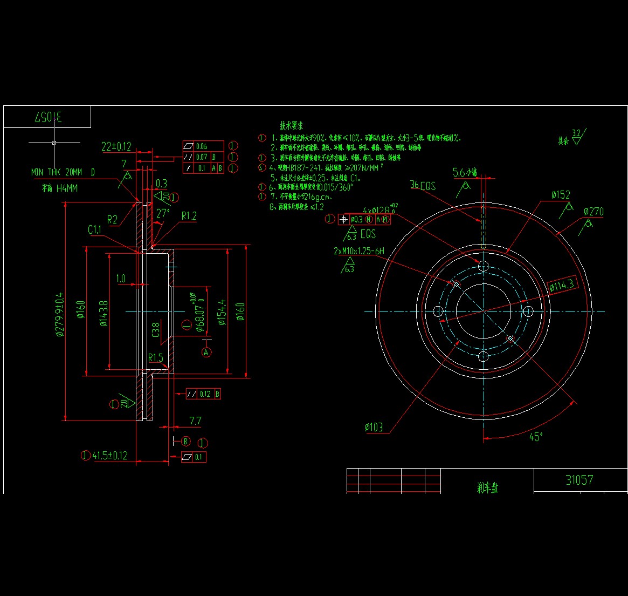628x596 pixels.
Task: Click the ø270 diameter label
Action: coord(593,212)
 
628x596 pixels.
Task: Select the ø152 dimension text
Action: coord(561,195)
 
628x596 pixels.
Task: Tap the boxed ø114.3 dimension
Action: coord(562,286)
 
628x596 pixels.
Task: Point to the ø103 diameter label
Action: coord(374,428)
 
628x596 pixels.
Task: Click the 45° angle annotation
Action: coord(535,437)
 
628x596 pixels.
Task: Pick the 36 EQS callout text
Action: coord(423,185)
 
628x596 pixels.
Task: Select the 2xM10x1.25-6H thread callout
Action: coord(359,251)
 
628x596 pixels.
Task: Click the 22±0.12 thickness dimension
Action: coord(116,146)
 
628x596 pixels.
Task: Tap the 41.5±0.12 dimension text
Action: coord(110,456)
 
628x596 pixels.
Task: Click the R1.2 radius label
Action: coord(189,216)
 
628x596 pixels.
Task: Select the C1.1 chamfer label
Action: coord(95,230)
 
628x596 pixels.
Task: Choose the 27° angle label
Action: coord(162,213)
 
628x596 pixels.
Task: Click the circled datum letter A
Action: coord(206,352)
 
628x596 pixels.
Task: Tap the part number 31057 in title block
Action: coord(579,480)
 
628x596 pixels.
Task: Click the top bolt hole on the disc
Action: coord(484,266)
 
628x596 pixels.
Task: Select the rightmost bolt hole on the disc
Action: coord(528,311)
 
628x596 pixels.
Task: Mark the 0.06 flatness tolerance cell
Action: coord(202,146)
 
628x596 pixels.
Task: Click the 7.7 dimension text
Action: coord(195,421)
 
